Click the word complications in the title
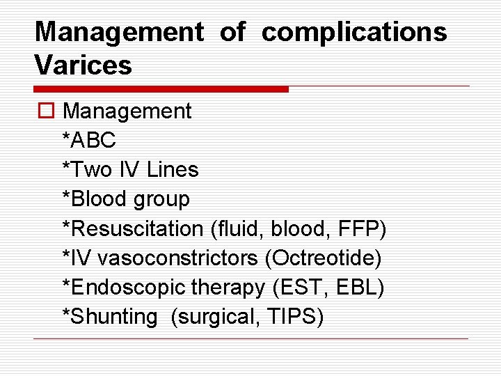click(354, 32)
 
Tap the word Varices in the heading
click(83, 65)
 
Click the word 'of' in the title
click(232, 31)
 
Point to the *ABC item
click(89, 140)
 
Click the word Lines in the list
click(173, 169)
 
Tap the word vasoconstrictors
click(179, 258)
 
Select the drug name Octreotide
click(324, 258)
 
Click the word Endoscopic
click(120, 288)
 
